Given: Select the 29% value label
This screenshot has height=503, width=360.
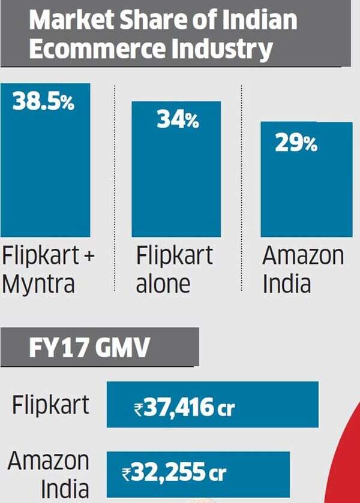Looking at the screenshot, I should pyautogui.click(x=296, y=143).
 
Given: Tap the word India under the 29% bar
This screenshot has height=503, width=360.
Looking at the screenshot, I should pyautogui.click(x=287, y=282).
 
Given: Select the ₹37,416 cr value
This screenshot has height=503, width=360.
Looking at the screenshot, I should pyautogui.click(x=184, y=408).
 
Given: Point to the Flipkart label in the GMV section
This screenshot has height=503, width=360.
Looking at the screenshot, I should pyautogui.click(x=50, y=405).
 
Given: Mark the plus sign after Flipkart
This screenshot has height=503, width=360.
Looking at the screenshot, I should pyautogui.click(x=88, y=256).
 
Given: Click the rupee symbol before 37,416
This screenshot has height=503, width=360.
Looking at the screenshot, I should pyautogui.click(x=138, y=409).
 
